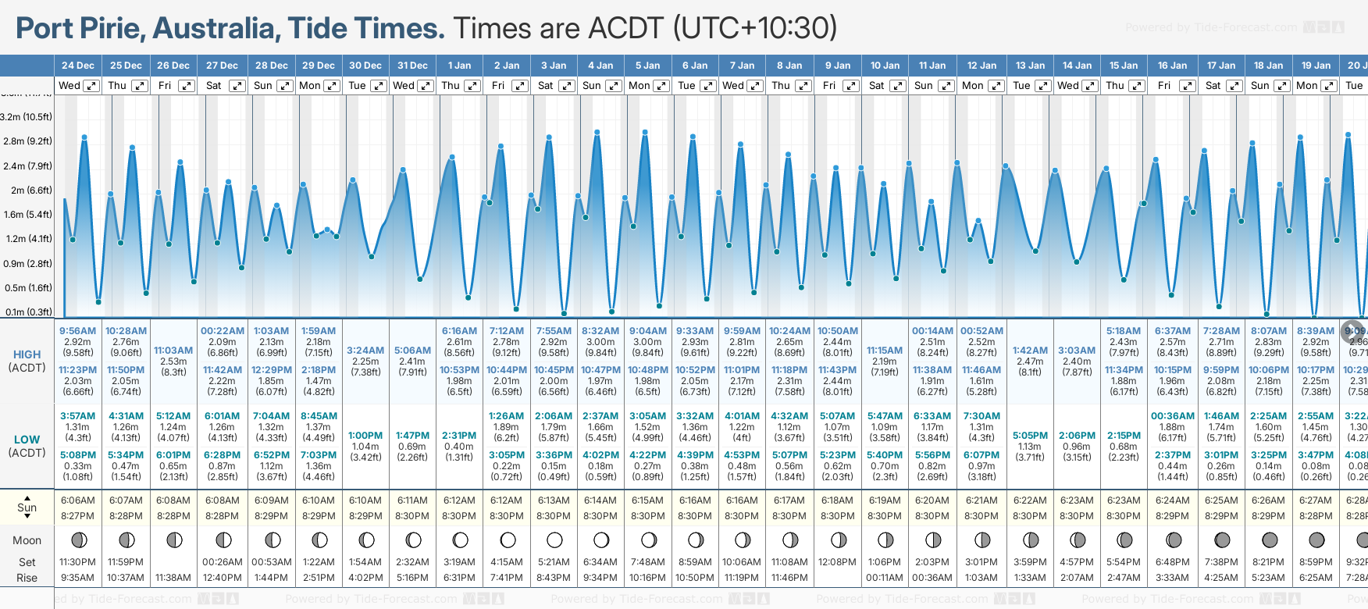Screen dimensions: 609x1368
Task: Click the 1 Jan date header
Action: (x=459, y=66)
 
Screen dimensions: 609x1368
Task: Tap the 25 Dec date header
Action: (x=126, y=66)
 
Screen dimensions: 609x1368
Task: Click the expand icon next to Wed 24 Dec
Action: (x=91, y=86)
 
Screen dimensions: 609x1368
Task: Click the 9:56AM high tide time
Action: (x=78, y=331)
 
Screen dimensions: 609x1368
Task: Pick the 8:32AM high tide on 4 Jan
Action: (x=600, y=331)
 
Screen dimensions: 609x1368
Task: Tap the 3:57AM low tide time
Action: (x=78, y=416)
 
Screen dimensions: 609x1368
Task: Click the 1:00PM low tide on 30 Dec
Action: (x=365, y=436)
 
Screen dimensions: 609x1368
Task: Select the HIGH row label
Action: (x=27, y=354)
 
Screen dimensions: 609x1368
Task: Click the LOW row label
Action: (x=27, y=440)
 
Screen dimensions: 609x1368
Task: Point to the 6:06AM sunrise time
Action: (x=78, y=500)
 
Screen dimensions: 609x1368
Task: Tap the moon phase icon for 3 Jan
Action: (x=554, y=540)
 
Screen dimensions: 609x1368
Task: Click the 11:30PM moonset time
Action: (x=78, y=562)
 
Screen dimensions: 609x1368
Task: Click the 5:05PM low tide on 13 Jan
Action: (x=1030, y=436)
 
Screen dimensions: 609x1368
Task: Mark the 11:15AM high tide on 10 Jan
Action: (x=885, y=351)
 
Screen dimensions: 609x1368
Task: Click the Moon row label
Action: (x=27, y=540)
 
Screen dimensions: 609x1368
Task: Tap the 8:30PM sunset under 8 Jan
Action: (x=789, y=516)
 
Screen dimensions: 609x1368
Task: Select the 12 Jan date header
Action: (x=981, y=66)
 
